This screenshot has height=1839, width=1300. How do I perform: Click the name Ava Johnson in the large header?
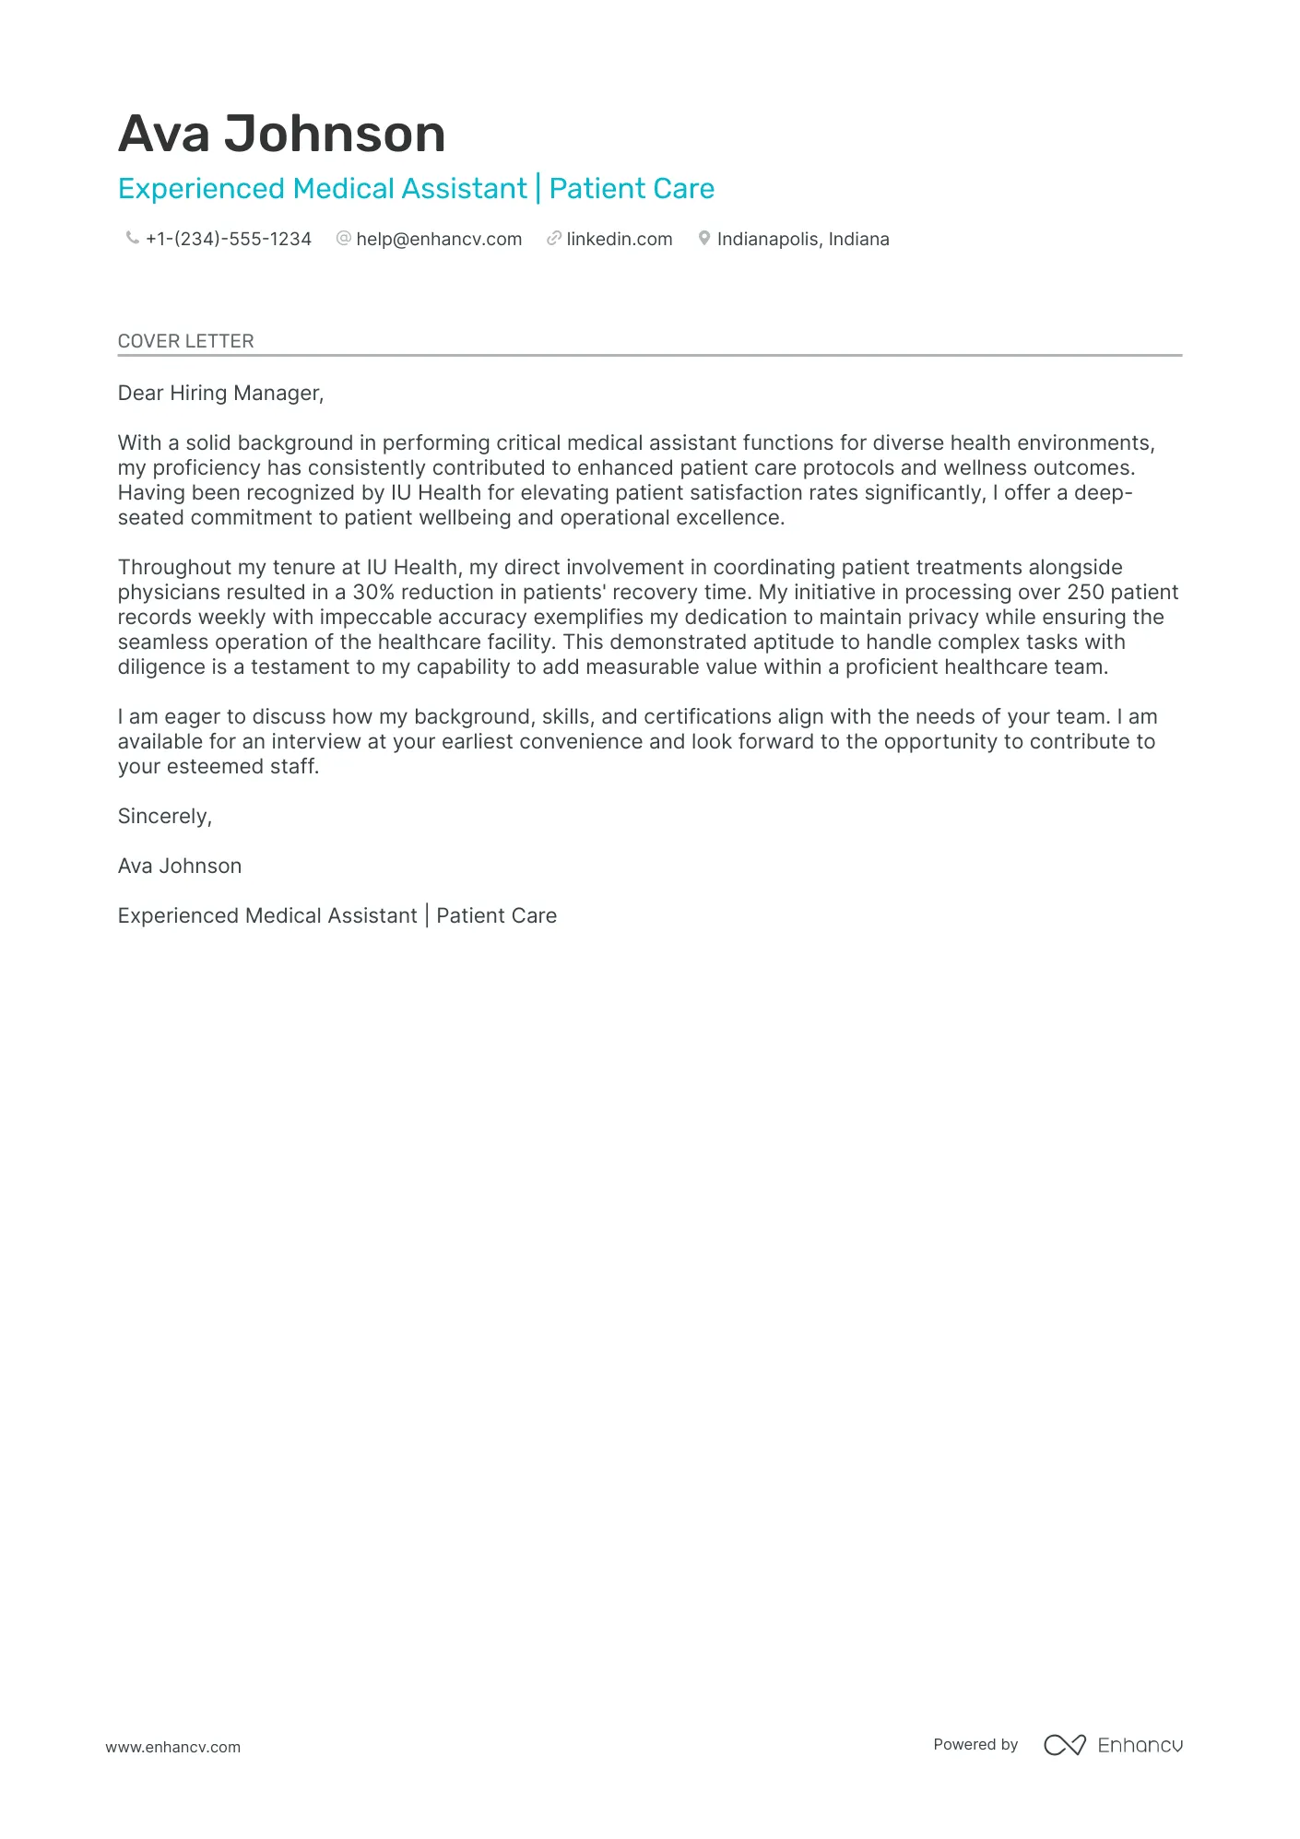point(281,134)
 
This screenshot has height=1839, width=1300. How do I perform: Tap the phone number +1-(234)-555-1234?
point(228,240)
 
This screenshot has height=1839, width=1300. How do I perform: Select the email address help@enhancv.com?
point(439,240)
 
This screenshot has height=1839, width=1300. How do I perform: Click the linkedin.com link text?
point(619,240)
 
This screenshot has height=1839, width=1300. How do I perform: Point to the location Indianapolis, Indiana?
point(803,240)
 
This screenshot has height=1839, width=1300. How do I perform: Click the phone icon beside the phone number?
point(132,238)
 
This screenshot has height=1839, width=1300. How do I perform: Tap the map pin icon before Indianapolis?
point(704,238)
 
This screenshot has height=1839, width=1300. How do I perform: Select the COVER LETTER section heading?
point(185,341)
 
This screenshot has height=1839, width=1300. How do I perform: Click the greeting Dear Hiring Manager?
point(220,394)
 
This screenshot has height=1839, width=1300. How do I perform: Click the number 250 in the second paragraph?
point(1085,593)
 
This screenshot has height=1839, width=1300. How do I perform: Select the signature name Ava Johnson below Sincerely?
point(180,866)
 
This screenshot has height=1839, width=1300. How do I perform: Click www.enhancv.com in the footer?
point(172,1747)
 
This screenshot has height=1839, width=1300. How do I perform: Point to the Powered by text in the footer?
point(975,1744)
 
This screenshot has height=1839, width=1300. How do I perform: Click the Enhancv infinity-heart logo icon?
point(1064,1745)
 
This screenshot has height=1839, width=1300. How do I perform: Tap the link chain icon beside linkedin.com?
point(554,238)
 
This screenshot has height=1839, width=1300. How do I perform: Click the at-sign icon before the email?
point(344,238)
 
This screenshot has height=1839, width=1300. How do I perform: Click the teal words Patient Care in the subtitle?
point(632,189)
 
